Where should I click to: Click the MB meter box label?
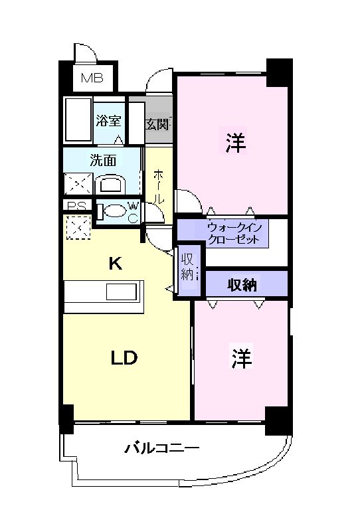92,78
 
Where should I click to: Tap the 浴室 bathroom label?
108,121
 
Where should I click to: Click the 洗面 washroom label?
103,160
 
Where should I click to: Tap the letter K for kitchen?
116,264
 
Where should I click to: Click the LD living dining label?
124,358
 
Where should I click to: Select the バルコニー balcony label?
161,449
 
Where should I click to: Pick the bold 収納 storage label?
243,284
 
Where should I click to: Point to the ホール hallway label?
159,186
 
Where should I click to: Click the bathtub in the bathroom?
76,120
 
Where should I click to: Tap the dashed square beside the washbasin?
77,183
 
